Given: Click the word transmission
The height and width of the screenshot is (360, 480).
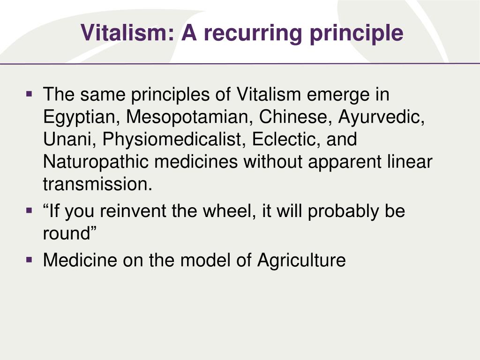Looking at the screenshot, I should [98, 185].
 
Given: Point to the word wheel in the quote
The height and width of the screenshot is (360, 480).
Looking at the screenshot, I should [230, 211].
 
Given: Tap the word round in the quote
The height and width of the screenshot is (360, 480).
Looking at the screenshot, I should [66, 234].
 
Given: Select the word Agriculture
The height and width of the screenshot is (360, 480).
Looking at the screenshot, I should [301, 260].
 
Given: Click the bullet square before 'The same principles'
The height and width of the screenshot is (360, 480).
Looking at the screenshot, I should [30, 94].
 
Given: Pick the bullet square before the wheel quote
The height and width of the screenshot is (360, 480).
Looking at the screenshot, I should [30, 211].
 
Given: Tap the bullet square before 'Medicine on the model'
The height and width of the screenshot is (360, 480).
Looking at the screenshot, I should [30, 260].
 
